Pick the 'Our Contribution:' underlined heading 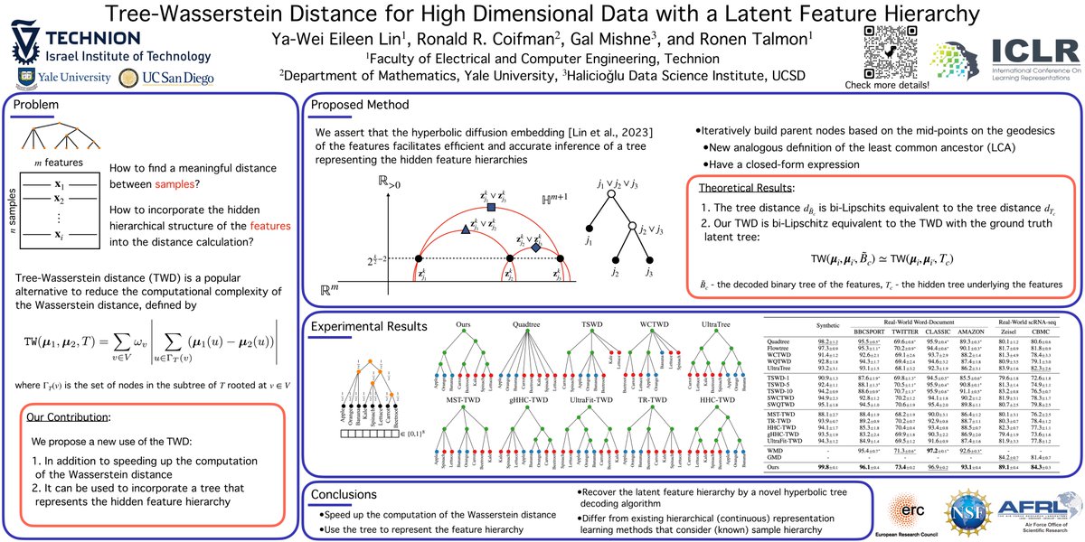(68, 419)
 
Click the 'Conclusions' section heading (347, 494)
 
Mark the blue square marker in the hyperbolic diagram (491, 207)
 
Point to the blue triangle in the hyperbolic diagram (465, 229)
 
